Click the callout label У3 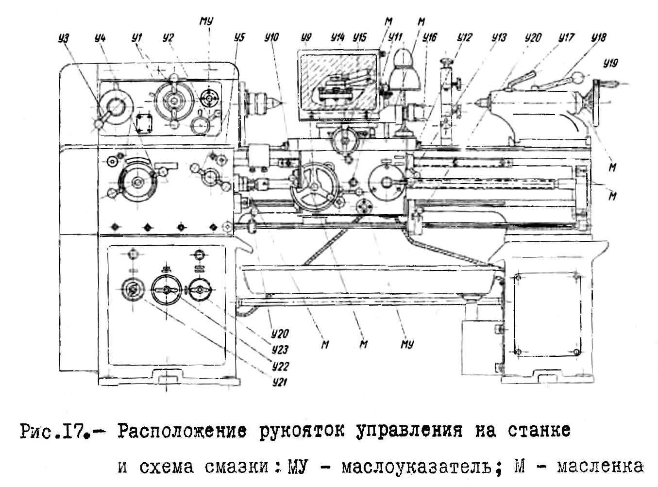[64, 38]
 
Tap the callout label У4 [100, 38]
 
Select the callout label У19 [610, 63]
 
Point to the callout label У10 [272, 37]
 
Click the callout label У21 [280, 382]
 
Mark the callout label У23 [280, 350]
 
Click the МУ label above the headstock [206, 21]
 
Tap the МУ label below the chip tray [407, 344]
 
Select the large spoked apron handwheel [314, 186]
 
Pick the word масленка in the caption [600, 467]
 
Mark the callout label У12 [464, 37]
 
